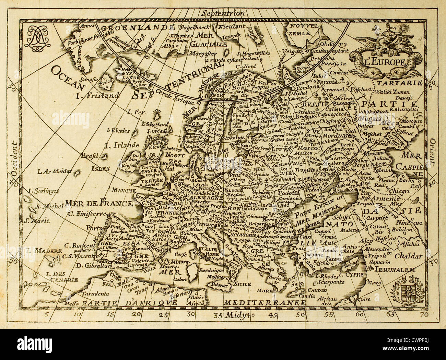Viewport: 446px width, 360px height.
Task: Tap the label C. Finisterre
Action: [x=87, y=214]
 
